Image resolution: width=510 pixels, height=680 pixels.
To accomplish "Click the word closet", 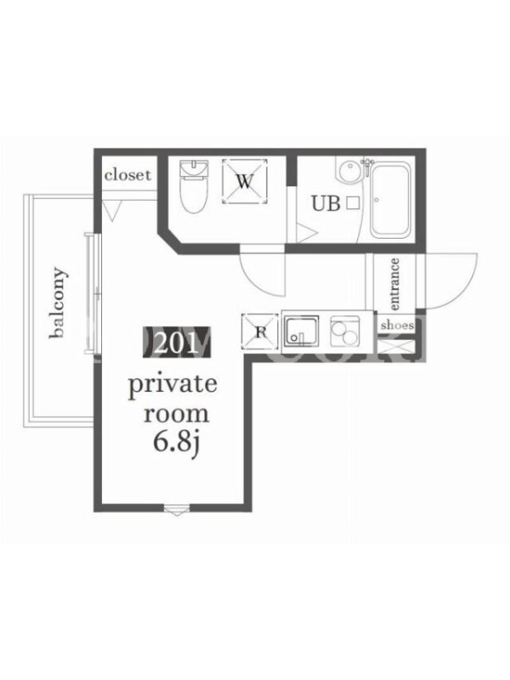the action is click(x=127, y=175).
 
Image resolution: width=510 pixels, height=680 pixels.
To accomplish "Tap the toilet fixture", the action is click(x=195, y=186).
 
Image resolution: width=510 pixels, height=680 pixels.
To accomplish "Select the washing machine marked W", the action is click(x=245, y=181).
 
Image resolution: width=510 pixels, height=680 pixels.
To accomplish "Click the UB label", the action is click(x=326, y=203).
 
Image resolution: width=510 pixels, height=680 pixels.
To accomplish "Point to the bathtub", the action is click(x=390, y=200).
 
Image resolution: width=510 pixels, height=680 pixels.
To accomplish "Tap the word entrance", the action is click(x=394, y=284).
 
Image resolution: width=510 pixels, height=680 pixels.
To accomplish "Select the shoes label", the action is click(x=397, y=325).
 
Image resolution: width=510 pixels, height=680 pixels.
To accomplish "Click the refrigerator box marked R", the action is click(x=260, y=331).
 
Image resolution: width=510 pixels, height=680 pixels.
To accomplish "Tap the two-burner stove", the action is click(x=345, y=331).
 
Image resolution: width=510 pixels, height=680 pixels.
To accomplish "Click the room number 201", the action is click(x=176, y=343).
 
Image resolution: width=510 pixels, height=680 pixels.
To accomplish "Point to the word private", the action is click(x=173, y=385).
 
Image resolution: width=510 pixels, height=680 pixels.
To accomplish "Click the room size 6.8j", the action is click(x=176, y=442).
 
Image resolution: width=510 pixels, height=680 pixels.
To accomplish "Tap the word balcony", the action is click(x=59, y=303).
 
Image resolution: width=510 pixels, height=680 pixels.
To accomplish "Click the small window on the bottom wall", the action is click(x=177, y=509).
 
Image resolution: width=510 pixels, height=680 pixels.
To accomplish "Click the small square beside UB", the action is click(x=353, y=203).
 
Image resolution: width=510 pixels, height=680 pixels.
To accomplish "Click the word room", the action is click(x=176, y=414).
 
